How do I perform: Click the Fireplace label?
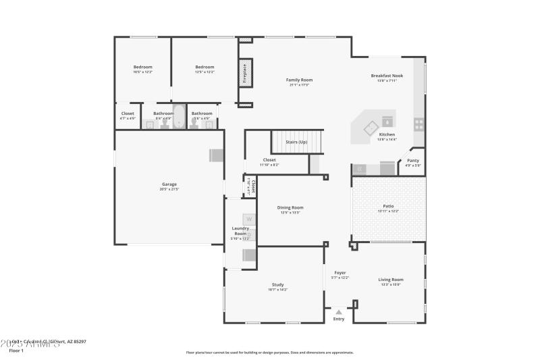coord(244,74)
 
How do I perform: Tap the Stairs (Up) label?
coord(296,142)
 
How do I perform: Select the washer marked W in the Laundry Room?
coord(248,219)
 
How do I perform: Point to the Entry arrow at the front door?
coord(338,312)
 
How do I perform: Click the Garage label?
coord(169,184)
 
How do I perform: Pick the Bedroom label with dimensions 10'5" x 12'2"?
coord(142,67)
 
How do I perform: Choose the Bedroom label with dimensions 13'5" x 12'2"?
coord(205,67)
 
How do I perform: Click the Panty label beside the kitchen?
coord(412,160)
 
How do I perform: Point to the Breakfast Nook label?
coord(387,76)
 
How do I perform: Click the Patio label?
coord(388,206)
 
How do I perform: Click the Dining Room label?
coord(291,207)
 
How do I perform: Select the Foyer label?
coord(340,273)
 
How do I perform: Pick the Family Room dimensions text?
coord(299,85)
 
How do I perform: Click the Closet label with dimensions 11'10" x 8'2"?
coord(269,160)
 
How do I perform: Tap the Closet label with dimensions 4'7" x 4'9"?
coord(128,113)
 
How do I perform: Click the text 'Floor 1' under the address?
coord(16,351)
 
